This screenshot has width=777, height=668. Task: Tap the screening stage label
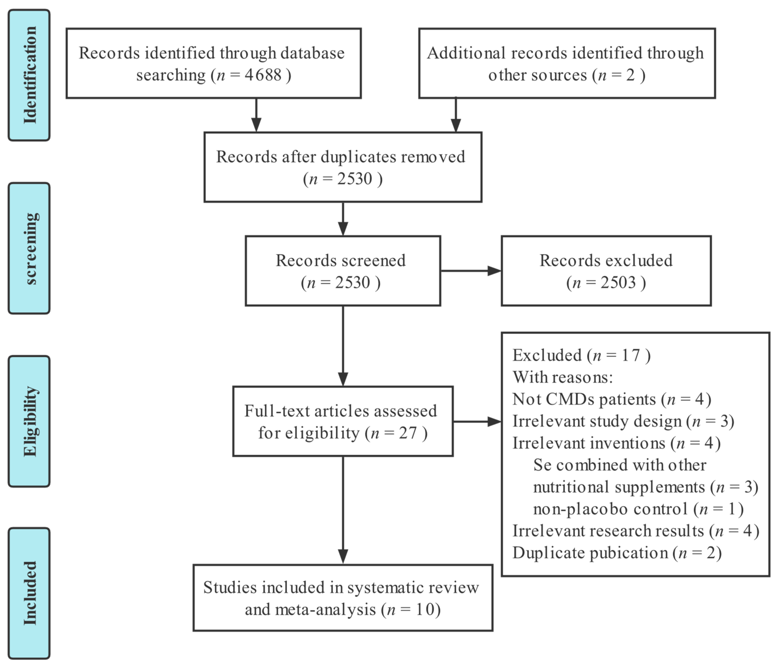(x=29, y=248)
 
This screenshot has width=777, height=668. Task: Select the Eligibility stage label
(x=29, y=421)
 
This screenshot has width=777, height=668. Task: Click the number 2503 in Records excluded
(x=618, y=282)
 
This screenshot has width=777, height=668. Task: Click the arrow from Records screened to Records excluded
(x=471, y=271)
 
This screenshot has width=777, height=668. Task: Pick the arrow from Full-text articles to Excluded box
(x=477, y=422)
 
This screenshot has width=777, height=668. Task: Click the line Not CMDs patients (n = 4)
(x=611, y=399)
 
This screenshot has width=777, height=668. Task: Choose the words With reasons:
(x=563, y=377)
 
